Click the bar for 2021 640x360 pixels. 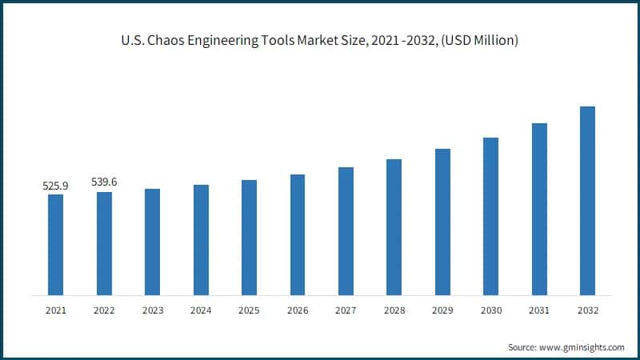(55, 244)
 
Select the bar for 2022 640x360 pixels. (104, 243)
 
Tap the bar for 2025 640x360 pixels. (249, 237)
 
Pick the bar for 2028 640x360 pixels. (394, 226)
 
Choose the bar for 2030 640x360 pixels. (490, 216)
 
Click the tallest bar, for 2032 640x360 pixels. (587, 200)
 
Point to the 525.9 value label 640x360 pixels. (55, 186)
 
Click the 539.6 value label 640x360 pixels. (104, 182)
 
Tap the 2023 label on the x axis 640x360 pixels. (152, 310)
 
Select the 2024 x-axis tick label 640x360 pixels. (201, 310)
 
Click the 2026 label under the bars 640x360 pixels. (298, 310)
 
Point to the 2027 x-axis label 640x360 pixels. (346, 310)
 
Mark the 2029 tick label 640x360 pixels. (442, 310)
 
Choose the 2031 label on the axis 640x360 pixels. (539, 310)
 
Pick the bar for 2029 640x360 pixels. (442, 222)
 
